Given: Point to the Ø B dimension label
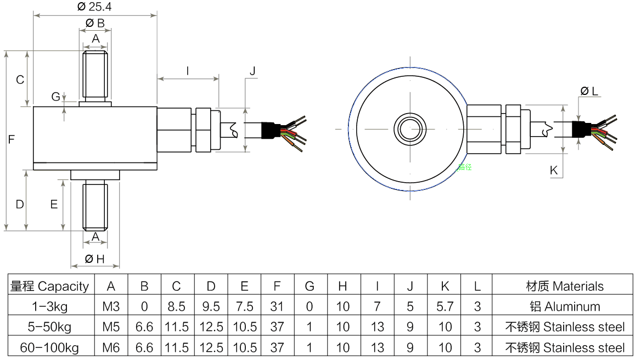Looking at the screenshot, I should (x=95, y=23).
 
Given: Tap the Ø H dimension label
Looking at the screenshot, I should (x=94, y=260).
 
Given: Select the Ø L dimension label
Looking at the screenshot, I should (x=589, y=91).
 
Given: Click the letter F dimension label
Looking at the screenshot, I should (x=11, y=140).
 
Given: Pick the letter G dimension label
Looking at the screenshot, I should (x=56, y=97).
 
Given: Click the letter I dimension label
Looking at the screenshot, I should (x=188, y=71).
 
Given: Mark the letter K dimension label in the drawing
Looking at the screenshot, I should (x=554, y=171).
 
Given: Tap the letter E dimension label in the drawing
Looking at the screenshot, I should (x=54, y=204).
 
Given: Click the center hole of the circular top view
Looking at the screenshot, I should (x=410, y=129).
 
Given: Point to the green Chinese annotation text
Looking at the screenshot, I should (x=464, y=167).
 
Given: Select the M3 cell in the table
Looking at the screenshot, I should (x=111, y=306).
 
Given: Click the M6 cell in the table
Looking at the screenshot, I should (x=111, y=347).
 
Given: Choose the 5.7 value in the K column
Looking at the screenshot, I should (x=445, y=306).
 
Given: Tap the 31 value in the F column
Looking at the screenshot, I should (x=277, y=306).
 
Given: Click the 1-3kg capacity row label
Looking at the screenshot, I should (x=49, y=306).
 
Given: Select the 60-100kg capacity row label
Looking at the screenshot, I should (x=49, y=347).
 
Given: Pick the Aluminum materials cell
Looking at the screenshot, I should (x=564, y=306).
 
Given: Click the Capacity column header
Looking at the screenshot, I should (x=49, y=286).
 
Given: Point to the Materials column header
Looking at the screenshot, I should (x=564, y=286).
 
